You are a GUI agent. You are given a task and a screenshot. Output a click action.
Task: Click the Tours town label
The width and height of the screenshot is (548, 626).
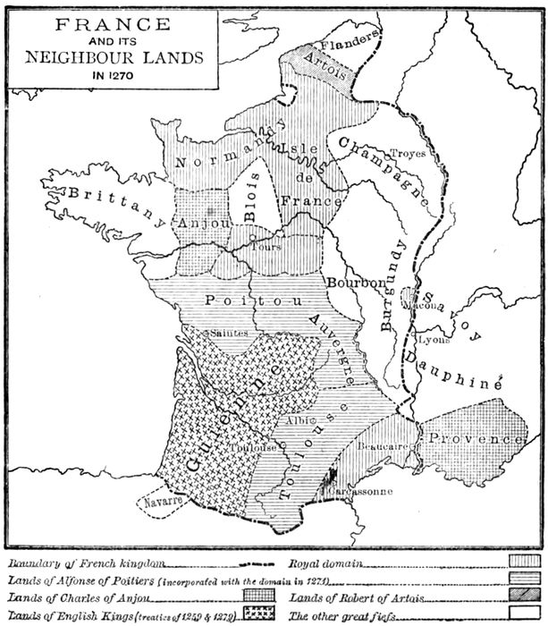(x=266, y=246)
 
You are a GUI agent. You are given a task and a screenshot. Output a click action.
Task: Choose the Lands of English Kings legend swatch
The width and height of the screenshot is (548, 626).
(x=257, y=613)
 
